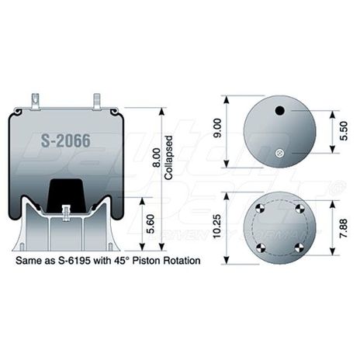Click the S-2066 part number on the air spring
pyautogui.click(x=64, y=141)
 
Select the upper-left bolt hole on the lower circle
pyautogui.click(x=261, y=206)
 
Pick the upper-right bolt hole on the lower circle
pyautogui.click(x=299, y=206)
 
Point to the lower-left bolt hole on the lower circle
pyautogui.click(x=261, y=247)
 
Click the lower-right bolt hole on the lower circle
pyautogui.click(x=299, y=247)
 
